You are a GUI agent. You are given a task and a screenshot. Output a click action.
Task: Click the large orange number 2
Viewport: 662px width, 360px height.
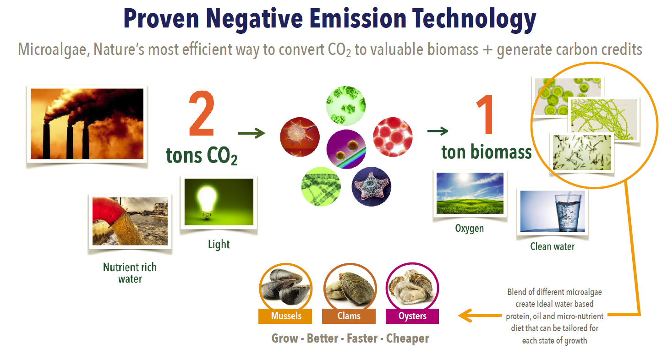(202, 114)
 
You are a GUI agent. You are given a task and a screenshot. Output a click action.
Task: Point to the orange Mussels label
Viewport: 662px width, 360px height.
(285, 316)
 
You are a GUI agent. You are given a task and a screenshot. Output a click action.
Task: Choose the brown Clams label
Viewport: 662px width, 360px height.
(349, 316)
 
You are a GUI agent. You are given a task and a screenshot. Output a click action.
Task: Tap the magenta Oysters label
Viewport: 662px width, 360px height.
(412, 316)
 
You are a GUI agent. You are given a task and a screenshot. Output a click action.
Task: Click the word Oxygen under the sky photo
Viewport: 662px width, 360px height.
(469, 228)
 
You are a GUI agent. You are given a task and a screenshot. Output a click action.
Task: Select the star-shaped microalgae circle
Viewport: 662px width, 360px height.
(372, 186)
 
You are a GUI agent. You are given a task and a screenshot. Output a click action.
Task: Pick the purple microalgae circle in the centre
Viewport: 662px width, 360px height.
(346, 149)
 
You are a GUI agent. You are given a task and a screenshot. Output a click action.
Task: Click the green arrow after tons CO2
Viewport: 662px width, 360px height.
(252, 133)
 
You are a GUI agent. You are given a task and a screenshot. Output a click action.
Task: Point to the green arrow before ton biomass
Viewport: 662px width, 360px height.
(438, 131)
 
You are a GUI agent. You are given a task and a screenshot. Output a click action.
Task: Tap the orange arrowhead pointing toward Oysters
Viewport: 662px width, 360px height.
(465, 316)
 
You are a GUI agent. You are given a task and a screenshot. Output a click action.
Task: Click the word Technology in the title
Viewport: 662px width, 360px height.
(474, 19)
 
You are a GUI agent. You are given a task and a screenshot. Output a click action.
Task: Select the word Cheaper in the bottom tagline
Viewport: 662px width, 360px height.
(408, 338)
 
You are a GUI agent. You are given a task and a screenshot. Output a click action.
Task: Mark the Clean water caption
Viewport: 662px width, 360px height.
(553, 246)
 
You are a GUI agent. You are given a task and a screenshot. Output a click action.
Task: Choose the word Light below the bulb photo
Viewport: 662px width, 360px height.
(219, 245)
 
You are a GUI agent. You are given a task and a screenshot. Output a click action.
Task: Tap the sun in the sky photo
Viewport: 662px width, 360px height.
(464, 178)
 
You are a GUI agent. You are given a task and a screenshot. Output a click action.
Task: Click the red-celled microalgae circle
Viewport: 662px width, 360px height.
(393, 137)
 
